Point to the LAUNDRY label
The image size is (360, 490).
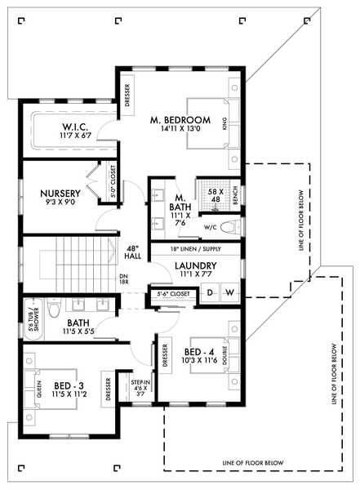pos(194,265)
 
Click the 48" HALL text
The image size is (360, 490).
pos(132,252)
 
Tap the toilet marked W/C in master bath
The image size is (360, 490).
pos(228,226)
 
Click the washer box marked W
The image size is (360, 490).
pos(229,292)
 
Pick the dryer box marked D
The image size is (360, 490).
pos(209,292)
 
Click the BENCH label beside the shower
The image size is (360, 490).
pos(235,196)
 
